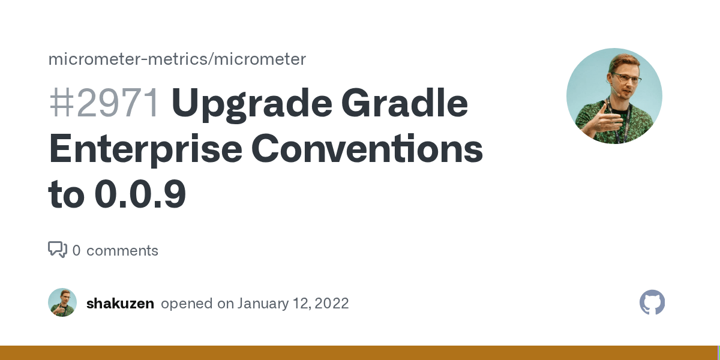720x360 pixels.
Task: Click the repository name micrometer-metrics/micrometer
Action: (x=177, y=59)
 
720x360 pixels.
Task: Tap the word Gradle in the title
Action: (x=407, y=103)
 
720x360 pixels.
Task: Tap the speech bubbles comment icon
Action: (x=58, y=250)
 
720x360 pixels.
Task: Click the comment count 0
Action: (x=76, y=251)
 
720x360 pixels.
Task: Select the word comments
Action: (x=122, y=251)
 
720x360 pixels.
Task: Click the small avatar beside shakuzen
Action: (x=62, y=302)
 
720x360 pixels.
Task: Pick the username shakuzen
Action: (x=120, y=304)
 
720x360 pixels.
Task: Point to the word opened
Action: (x=188, y=304)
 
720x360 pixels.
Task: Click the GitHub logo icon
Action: (x=652, y=303)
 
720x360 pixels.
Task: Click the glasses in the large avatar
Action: (x=626, y=79)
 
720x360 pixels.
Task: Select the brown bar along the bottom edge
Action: (x=360, y=353)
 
